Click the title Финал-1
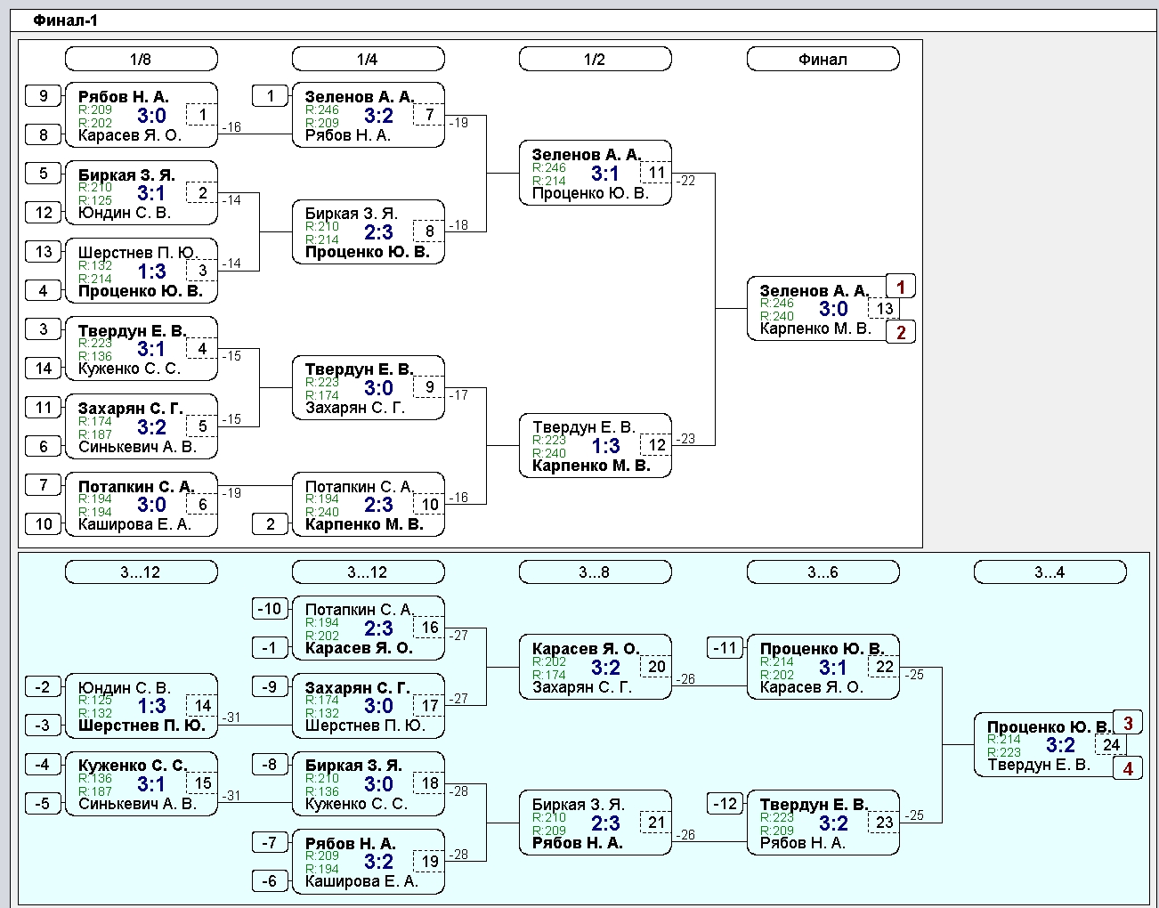[65, 20]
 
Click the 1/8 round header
[142, 59]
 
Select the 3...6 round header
[823, 572]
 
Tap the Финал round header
[823, 59]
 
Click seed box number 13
[44, 251]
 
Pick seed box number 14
[44, 368]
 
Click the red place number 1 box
[901, 287]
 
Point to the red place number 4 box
[1128, 768]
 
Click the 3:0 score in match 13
[833, 309]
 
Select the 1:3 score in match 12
[606, 446]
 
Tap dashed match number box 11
[656, 172]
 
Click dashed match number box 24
[1111, 744]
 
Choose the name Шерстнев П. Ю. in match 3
[138, 252]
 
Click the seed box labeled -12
[725, 803]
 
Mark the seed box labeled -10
[270, 608]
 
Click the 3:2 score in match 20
[606, 667]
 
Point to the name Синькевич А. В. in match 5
[138, 447]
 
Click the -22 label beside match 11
[686, 181]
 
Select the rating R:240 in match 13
[776, 316]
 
